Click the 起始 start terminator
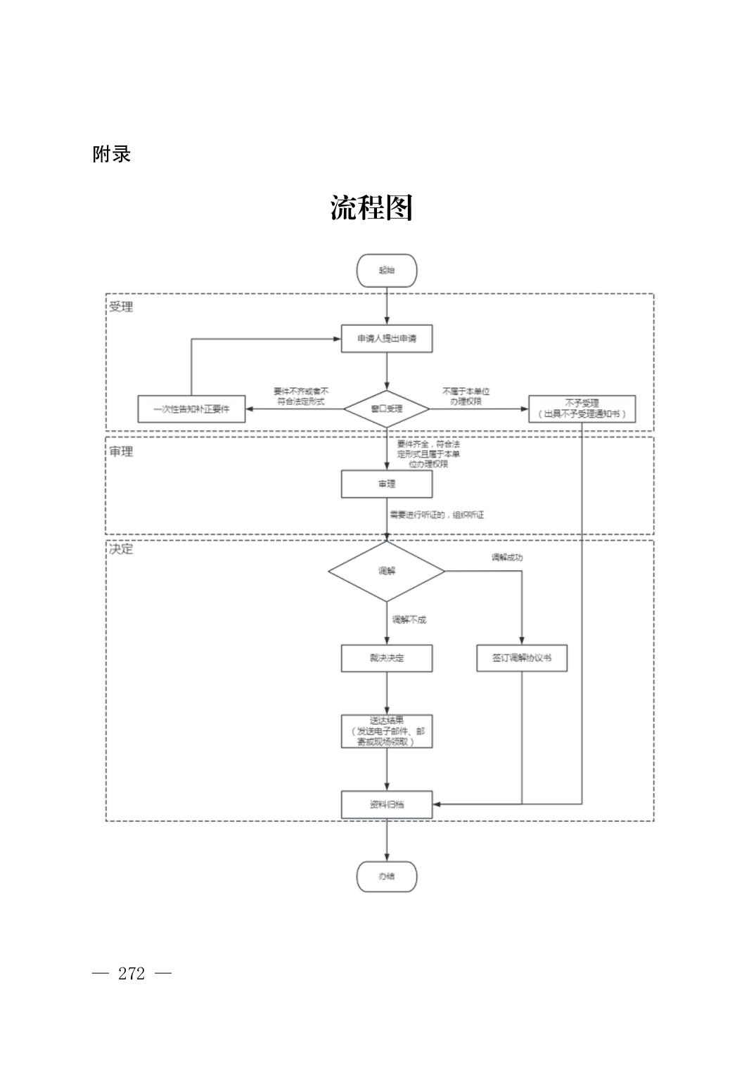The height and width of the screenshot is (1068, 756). [387, 271]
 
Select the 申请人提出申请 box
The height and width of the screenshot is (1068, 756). [387, 339]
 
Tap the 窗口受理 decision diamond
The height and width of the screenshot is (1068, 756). [387, 408]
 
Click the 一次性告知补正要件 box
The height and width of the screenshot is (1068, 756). [191, 408]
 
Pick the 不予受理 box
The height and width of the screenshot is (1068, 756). [582, 409]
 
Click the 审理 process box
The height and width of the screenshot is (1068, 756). [387, 484]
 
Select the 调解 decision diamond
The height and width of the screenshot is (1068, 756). [387, 571]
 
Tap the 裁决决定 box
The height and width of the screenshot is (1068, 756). [387, 658]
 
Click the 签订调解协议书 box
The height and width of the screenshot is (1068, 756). [522, 658]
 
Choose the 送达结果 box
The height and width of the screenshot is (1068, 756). [387, 731]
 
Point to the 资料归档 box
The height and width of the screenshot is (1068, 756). [387, 804]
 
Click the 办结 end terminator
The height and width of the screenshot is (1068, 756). [387, 877]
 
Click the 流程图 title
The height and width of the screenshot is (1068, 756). [371, 208]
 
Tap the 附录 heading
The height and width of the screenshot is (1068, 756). [112, 155]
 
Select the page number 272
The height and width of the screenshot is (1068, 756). [132, 974]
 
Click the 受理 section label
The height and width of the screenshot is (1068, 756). [121, 307]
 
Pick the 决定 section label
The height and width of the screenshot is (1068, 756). [121, 549]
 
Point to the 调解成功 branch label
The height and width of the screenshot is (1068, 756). [507, 558]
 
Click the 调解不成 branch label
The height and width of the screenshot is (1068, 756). [409, 620]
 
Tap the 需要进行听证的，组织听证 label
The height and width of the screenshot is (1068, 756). [437, 515]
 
